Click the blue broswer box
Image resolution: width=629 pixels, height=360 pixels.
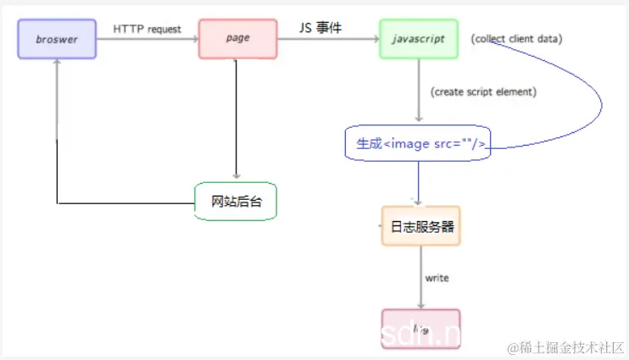point(57,39)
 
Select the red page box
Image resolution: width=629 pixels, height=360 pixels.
point(237,39)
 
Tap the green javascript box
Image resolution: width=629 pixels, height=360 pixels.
point(419,39)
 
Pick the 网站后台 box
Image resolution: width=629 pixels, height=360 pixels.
point(236,202)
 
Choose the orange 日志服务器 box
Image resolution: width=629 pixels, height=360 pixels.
point(421,226)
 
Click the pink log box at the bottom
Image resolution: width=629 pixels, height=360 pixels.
point(420,328)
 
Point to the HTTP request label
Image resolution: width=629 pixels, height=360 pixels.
point(148,29)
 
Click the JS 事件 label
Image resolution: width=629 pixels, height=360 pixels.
point(320,28)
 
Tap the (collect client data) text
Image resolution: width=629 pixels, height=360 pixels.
point(516,39)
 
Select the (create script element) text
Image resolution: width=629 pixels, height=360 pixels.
point(483,91)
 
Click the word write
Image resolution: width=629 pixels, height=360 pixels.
point(437,278)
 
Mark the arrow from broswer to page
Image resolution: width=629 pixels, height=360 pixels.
point(148,39)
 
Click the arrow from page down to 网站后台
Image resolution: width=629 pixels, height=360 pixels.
point(237,119)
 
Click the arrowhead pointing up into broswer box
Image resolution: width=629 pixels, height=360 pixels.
point(57,66)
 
